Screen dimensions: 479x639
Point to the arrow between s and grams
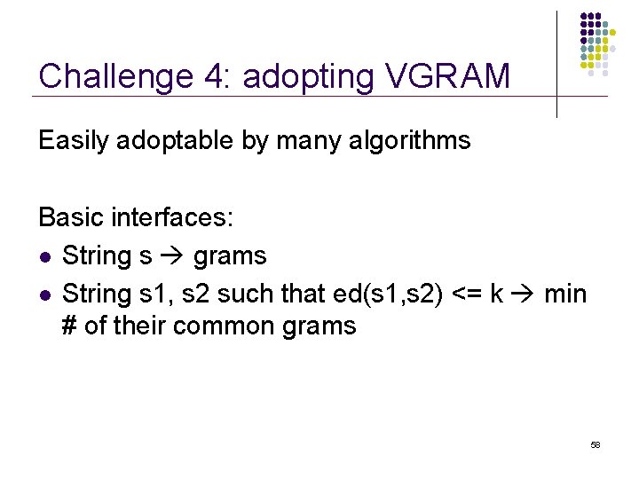[x=172, y=256]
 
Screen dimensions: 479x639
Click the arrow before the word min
[x=522, y=292]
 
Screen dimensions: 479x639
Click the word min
[x=565, y=292]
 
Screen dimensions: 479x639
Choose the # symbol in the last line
[x=70, y=326]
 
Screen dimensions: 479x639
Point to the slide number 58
[x=596, y=444]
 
